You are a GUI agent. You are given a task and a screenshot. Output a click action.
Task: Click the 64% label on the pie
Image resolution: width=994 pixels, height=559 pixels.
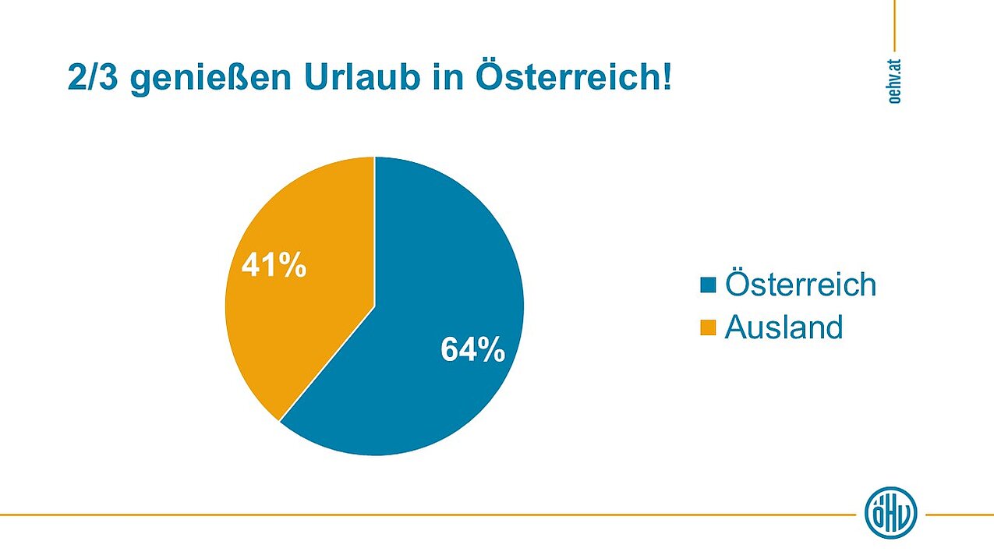click(472, 350)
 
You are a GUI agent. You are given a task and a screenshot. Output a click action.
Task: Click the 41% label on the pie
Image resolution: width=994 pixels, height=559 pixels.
click(274, 266)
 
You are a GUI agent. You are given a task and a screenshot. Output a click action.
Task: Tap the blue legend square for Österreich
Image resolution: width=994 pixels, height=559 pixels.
click(708, 285)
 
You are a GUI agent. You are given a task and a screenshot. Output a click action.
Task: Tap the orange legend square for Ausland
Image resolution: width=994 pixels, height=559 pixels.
click(708, 327)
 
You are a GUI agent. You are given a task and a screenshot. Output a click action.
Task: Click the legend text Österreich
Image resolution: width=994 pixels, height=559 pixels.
click(801, 284)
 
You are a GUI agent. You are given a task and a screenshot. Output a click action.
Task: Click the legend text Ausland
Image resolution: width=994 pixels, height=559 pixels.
click(784, 327)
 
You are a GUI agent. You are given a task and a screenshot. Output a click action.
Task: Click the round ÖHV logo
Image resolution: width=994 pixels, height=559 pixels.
click(891, 514)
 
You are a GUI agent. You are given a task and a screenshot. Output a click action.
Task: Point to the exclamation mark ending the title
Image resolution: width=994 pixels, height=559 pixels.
click(665, 79)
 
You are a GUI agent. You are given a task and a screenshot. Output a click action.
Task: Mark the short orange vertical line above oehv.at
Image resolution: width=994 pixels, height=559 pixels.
click(894, 23)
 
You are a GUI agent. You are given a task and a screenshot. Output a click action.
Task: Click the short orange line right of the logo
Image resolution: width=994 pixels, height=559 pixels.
click(959, 515)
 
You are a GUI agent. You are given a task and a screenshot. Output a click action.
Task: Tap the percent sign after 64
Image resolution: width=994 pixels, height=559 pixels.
click(491, 350)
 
